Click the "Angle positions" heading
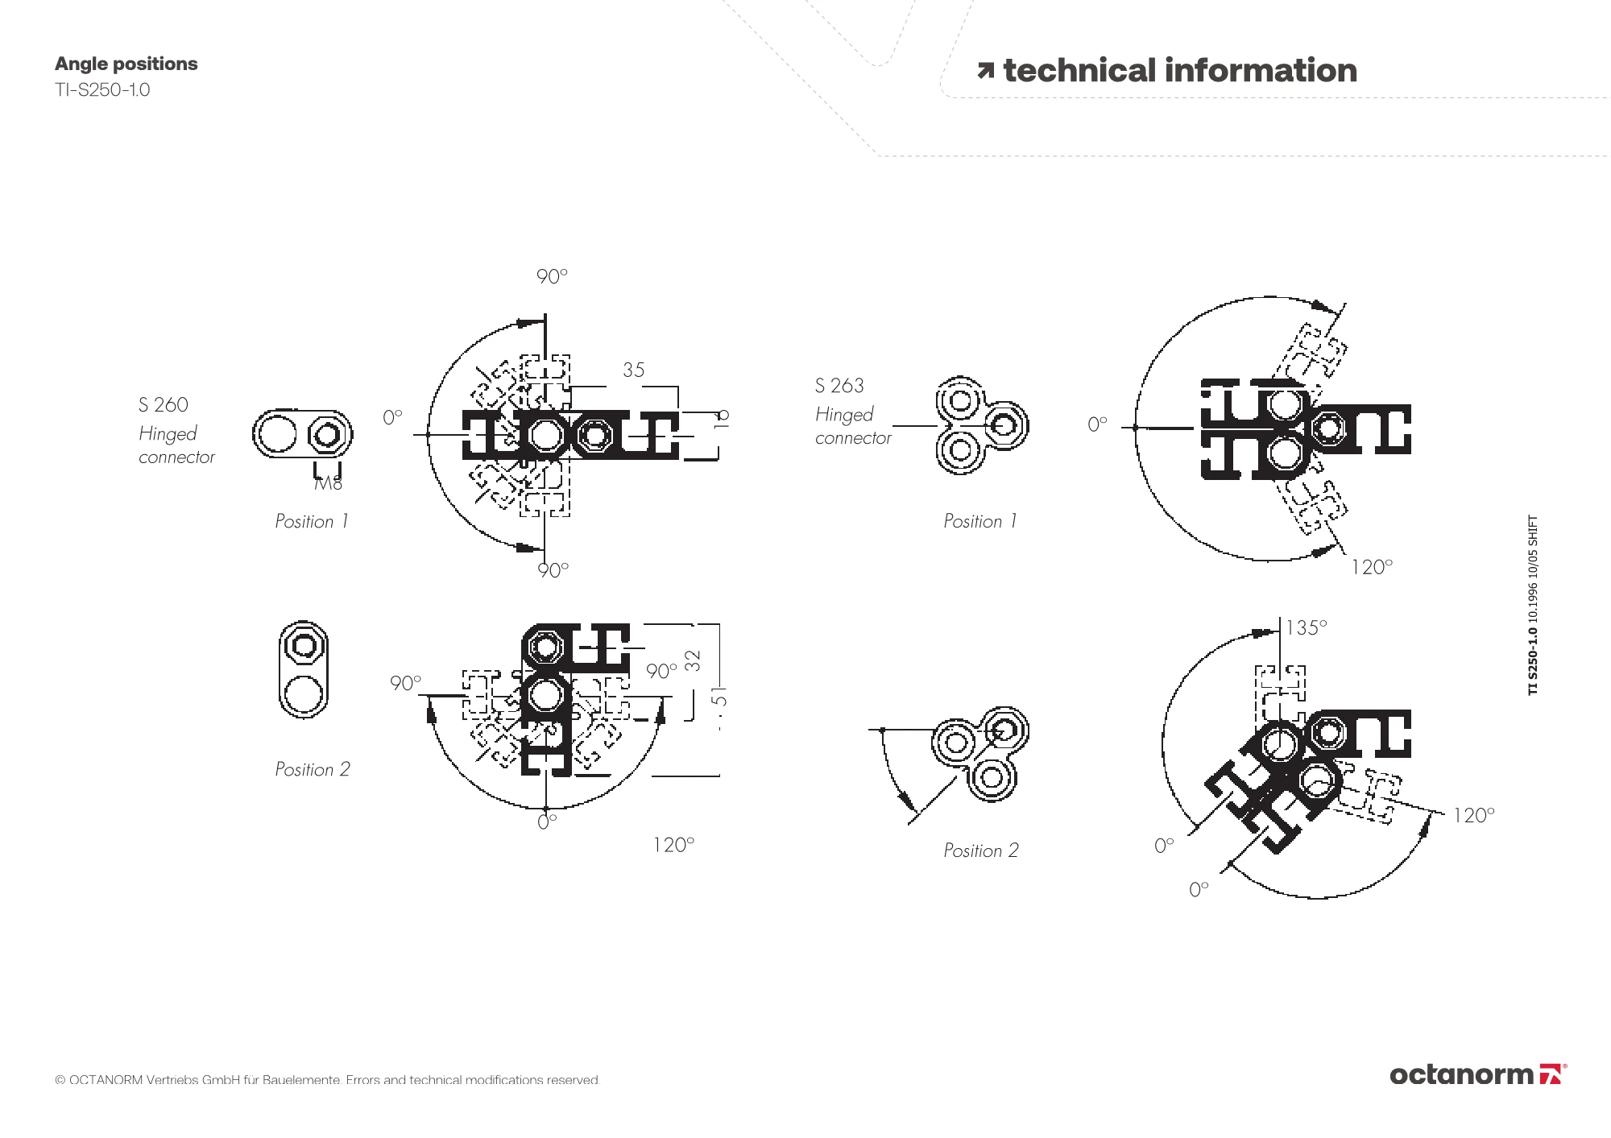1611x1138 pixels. [x=126, y=64]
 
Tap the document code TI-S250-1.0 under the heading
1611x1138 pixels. [x=102, y=89]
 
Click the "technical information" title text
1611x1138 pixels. [x=1179, y=71]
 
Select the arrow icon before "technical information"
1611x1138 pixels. [x=985, y=72]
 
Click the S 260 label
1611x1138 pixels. [x=163, y=404]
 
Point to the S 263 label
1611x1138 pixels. [x=839, y=386]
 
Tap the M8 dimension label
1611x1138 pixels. [x=328, y=483]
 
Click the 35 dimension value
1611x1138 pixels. [x=634, y=370]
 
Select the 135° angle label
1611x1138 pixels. [x=1306, y=627]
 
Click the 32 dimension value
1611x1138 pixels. [x=693, y=660]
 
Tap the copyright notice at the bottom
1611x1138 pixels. [x=327, y=1080]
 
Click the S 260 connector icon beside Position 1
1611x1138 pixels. [x=302, y=435]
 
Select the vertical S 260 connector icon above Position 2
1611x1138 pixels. [x=304, y=669]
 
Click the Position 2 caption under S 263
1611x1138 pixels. [x=980, y=850]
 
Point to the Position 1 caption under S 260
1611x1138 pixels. [x=311, y=521]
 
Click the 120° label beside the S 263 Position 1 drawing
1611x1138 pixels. [x=1371, y=568]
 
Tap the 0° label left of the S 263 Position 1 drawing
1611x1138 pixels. [x=1097, y=424]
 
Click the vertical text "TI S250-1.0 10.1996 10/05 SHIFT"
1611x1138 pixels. [x=1533, y=605]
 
